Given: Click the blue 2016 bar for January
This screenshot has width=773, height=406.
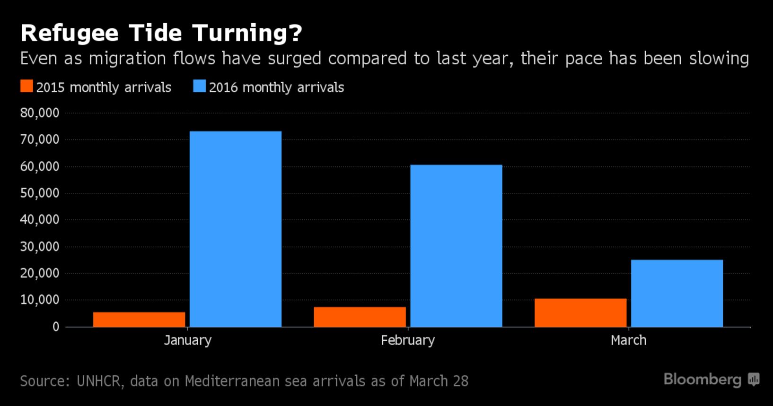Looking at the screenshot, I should click(x=235, y=229).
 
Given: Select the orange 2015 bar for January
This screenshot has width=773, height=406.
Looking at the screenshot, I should click(x=139, y=320).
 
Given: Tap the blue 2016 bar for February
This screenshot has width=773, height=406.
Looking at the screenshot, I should click(x=456, y=246).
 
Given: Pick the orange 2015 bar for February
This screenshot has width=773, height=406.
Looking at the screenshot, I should click(x=360, y=317).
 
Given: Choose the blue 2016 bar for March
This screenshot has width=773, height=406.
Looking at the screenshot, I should click(x=676, y=293).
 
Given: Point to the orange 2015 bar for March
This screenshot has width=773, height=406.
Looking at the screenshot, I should click(x=580, y=312).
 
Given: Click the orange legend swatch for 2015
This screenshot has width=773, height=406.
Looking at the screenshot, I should click(x=26, y=86).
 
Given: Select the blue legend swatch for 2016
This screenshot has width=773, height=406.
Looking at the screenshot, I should click(x=199, y=86).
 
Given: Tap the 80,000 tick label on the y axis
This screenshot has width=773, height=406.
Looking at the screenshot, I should click(x=40, y=113).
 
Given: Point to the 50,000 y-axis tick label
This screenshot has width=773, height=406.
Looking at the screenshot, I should click(x=40, y=193).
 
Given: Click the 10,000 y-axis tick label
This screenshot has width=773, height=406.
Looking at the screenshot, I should click(x=40, y=300).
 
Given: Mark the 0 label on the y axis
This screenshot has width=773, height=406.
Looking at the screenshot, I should click(x=56, y=327).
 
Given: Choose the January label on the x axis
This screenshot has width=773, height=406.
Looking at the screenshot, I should click(x=187, y=340).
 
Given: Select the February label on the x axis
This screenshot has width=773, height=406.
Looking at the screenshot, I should click(x=408, y=340).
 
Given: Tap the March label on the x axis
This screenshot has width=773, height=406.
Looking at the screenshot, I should click(x=628, y=340).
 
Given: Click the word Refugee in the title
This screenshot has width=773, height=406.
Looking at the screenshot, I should click(x=70, y=33).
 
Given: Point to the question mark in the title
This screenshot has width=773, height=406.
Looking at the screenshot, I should click(x=294, y=33).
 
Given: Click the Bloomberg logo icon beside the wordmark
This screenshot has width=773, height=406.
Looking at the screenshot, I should click(x=754, y=380).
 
